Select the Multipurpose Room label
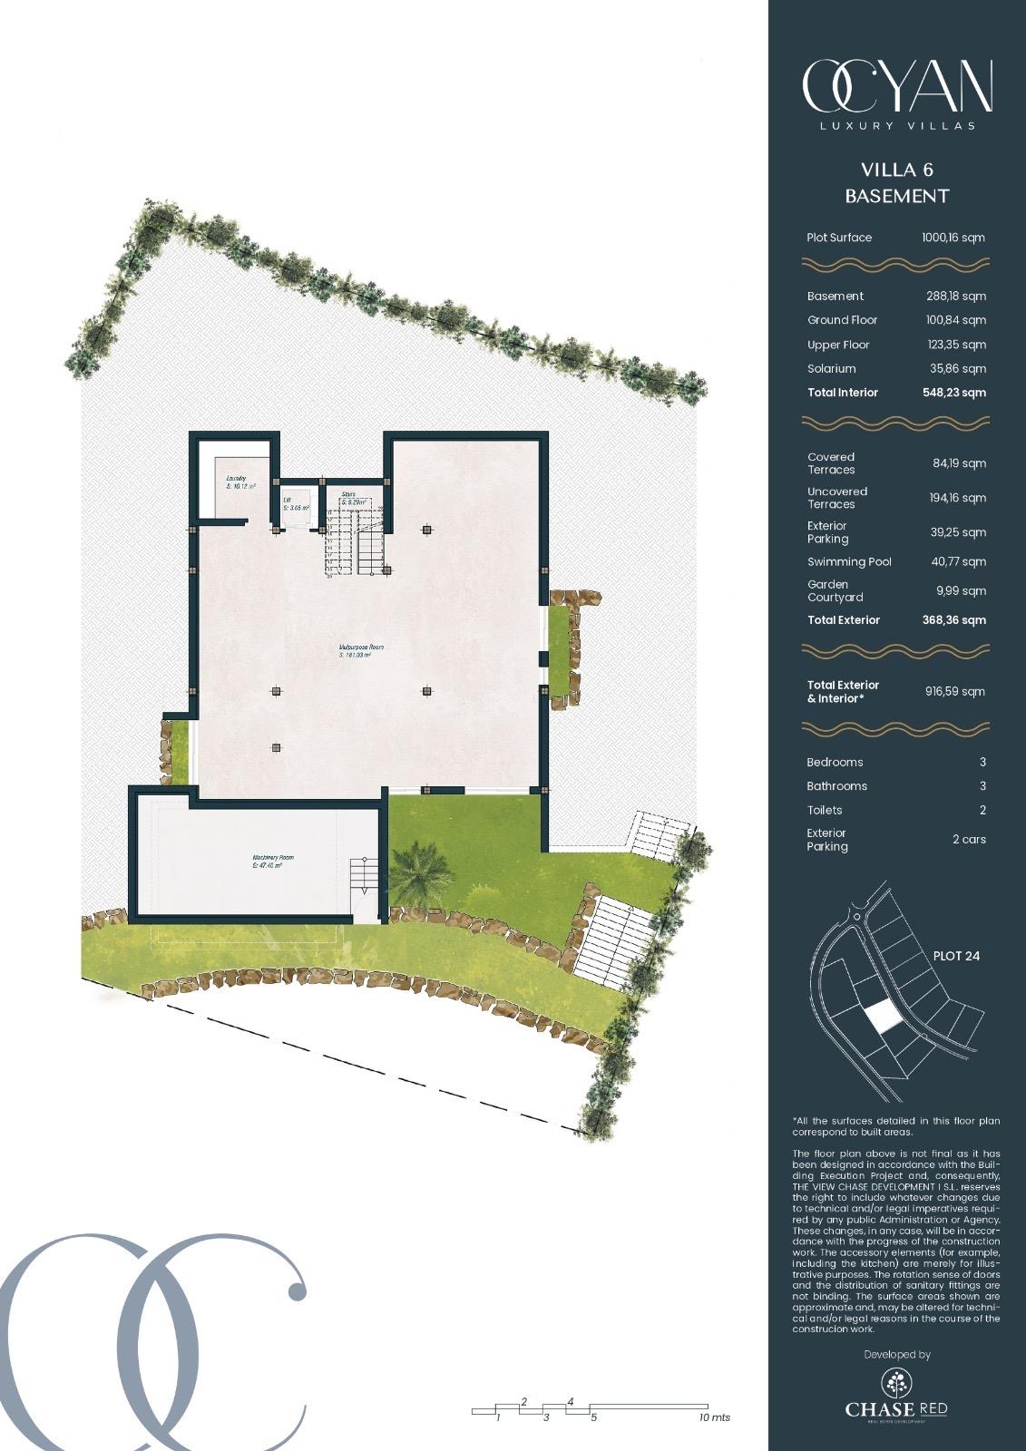362,650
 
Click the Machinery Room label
272,861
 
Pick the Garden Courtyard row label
835,590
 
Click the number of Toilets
982,810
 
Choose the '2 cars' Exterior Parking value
968,839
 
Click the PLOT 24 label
956,956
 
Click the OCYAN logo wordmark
896,87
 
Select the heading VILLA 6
896,170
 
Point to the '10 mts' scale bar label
714,1417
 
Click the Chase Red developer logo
896,1393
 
